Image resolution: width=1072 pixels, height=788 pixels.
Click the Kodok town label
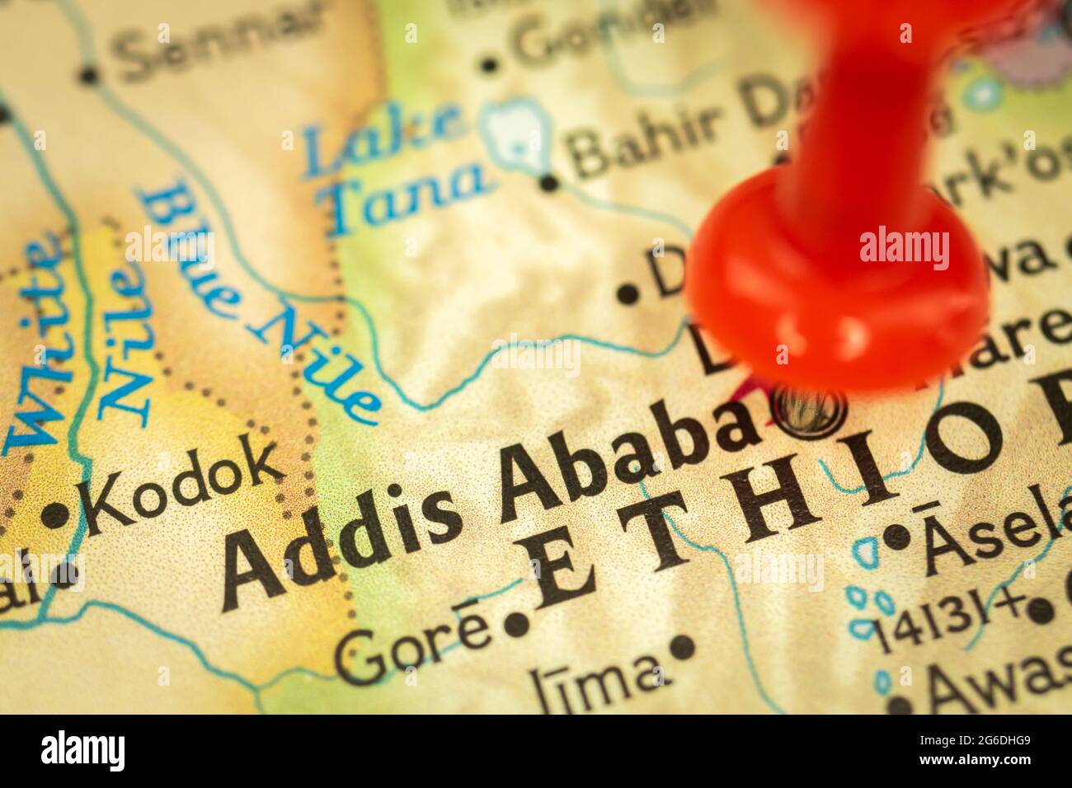click(184, 486)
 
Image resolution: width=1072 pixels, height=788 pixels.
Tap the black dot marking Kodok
click(55, 516)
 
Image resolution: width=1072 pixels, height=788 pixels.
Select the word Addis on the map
click(341, 537)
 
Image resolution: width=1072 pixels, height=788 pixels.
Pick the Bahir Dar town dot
click(549, 182)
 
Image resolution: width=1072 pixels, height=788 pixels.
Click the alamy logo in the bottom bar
click(82, 751)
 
